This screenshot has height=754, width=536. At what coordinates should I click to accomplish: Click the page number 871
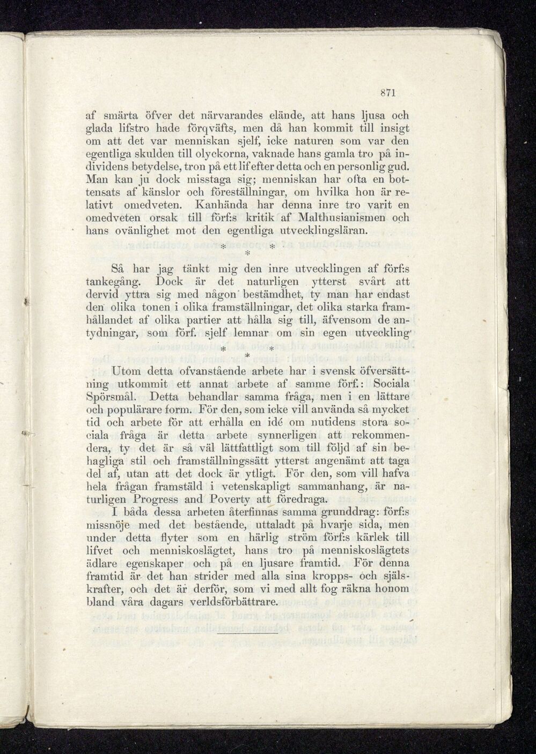point(387,92)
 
